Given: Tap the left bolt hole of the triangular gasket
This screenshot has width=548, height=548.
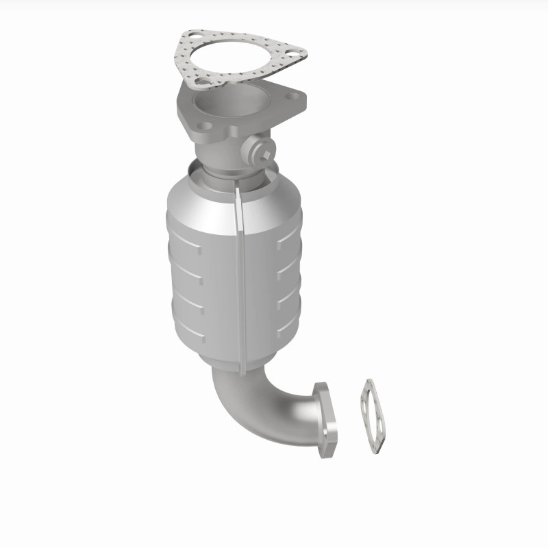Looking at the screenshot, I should (190, 39).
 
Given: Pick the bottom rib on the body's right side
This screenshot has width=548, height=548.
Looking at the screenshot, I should (286, 327).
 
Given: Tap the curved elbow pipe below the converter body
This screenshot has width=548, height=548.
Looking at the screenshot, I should (260, 404).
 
